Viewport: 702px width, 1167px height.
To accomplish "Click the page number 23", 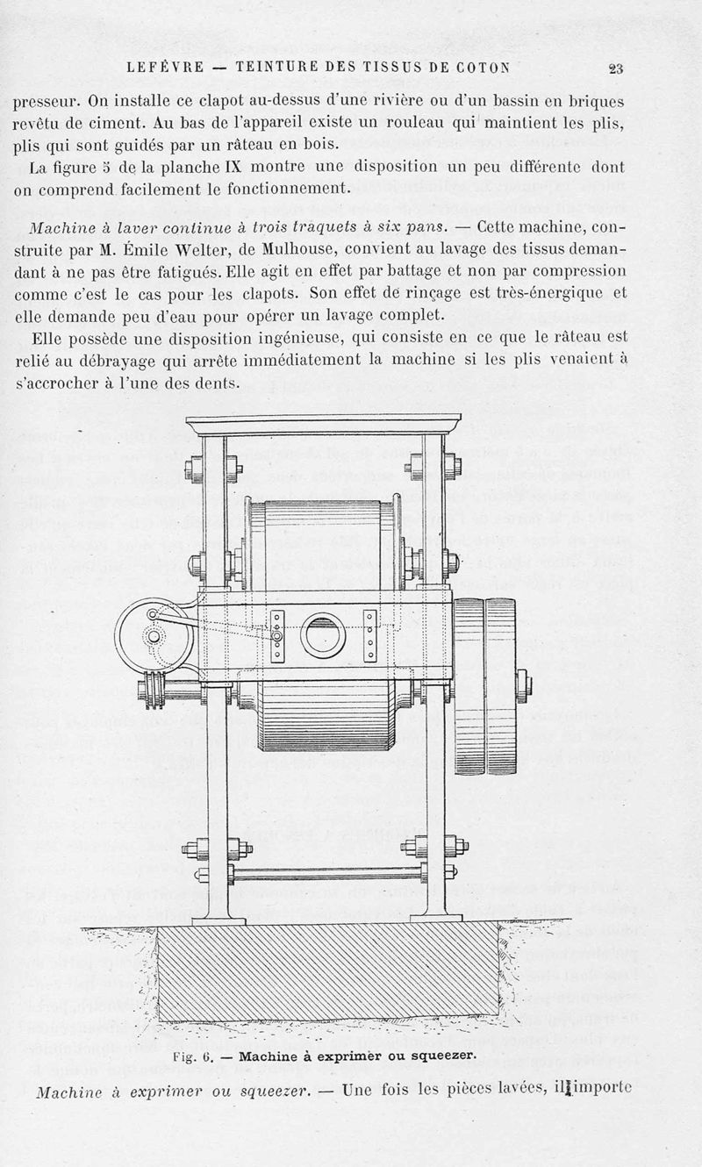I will (x=615, y=69).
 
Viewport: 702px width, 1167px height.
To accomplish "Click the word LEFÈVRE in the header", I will (x=165, y=67).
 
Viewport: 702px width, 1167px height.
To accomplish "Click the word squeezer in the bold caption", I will (x=444, y=1056).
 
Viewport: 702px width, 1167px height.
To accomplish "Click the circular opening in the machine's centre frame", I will (x=321, y=634).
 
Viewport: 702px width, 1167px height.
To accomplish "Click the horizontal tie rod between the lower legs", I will (x=326, y=874).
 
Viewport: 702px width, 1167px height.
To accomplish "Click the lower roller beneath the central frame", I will (x=325, y=715).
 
